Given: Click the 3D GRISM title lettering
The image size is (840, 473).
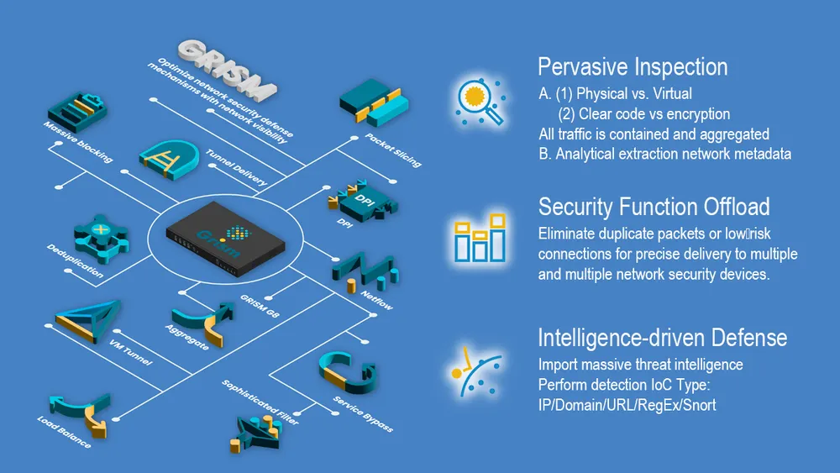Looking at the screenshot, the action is click(x=227, y=69).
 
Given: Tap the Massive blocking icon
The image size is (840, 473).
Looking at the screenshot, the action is click(x=77, y=112).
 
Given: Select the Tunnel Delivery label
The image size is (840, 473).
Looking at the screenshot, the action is click(x=236, y=168).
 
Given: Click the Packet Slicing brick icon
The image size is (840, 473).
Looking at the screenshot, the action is click(x=374, y=102).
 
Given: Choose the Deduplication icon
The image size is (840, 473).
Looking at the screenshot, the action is click(x=101, y=238).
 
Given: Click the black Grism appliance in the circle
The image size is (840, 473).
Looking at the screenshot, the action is click(x=225, y=239).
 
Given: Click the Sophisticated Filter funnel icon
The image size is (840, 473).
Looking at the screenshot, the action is click(x=257, y=434).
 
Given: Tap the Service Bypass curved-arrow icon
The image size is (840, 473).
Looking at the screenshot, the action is click(x=348, y=373).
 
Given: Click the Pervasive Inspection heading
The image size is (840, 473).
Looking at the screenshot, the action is click(x=633, y=67).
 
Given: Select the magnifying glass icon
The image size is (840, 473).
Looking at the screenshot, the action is click(x=480, y=102).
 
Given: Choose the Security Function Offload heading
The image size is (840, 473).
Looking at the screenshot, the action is click(x=654, y=207).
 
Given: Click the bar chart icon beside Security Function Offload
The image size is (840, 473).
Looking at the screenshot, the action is click(x=480, y=238).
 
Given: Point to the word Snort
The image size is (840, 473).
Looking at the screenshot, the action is click(x=700, y=405).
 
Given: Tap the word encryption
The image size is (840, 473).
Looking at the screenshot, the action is click(x=699, y=114).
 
